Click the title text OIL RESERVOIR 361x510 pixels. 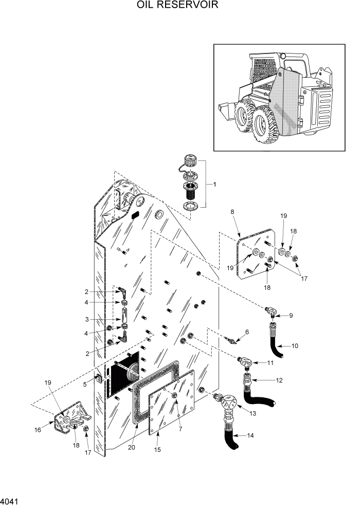(x=177, y=6)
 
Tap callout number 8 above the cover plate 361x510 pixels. (x=232, y=211)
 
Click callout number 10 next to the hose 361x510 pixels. (x=295, y=345)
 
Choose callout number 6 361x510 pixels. (x=247, y=332)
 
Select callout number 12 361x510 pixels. (x=279, y=380)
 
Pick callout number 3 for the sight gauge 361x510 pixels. (x=87, y=319)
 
